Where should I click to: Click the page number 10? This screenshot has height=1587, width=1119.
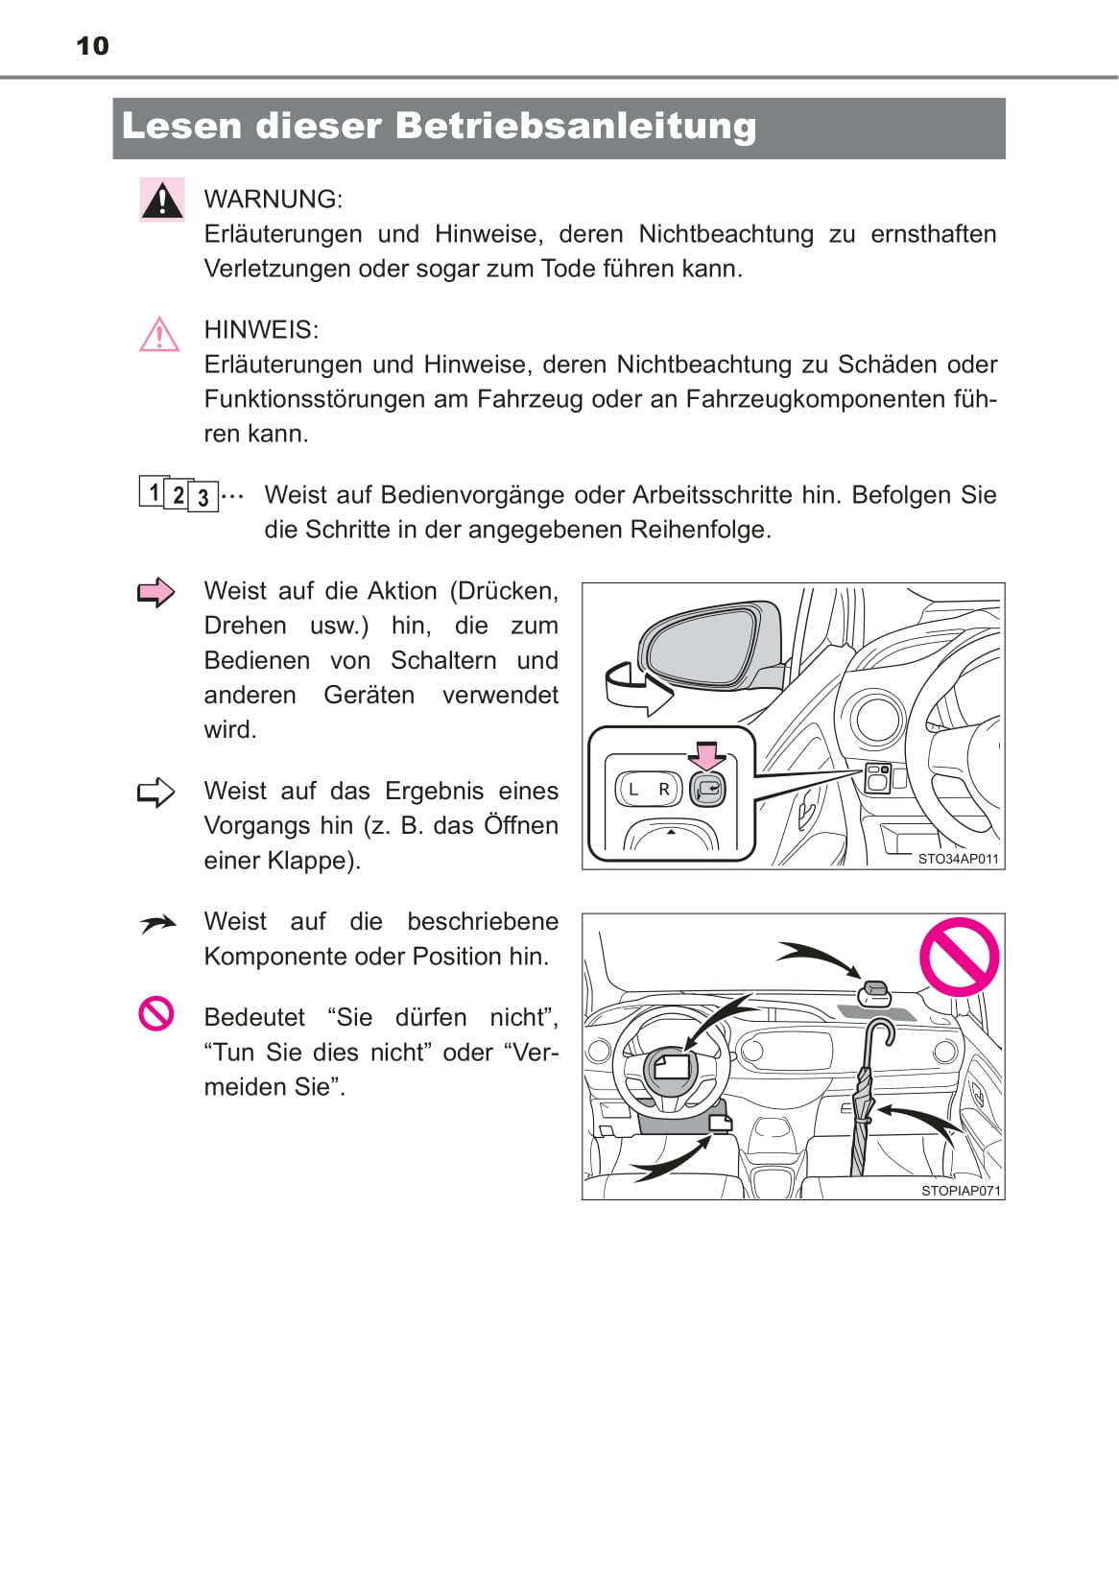pos(92,46)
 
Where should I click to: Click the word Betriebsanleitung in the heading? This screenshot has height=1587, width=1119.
pos(575,126)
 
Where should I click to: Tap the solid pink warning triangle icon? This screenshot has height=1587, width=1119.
pos(162,200)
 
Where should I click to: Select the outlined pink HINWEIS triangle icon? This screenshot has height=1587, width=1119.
pos(159,335)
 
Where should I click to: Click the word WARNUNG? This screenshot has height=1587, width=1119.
pos(273,200)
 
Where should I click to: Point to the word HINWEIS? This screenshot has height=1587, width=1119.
pos(260,330)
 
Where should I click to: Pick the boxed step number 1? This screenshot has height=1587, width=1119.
pos(153,491)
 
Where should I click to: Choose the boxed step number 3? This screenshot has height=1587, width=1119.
pos(202,497)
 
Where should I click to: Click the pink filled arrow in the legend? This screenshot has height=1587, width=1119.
pos(156,592)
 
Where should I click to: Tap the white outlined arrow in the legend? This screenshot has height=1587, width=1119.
pos(156,793)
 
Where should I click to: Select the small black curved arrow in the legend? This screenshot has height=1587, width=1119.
pos(157,924)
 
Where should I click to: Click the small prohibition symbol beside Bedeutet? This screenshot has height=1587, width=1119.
pos(156,1013)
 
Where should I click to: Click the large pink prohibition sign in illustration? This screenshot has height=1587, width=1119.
pos(959,957)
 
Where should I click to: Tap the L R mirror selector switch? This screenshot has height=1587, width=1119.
pos(648,790)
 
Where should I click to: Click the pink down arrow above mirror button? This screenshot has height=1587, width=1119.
pos(707,755)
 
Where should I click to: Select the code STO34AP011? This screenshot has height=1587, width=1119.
pos(958,859)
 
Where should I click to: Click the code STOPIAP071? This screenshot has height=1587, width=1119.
pos(961,1191)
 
